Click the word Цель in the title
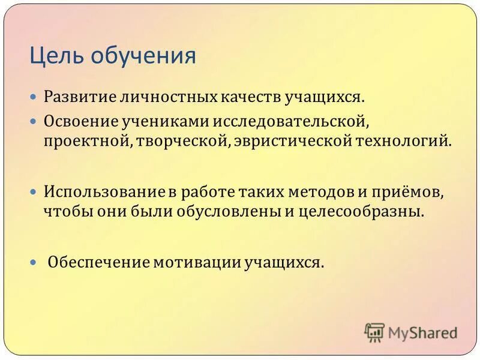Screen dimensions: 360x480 tap(58, 56)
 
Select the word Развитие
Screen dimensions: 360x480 tap(82, 97)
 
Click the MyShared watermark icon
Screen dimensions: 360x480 tap(374, 332)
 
